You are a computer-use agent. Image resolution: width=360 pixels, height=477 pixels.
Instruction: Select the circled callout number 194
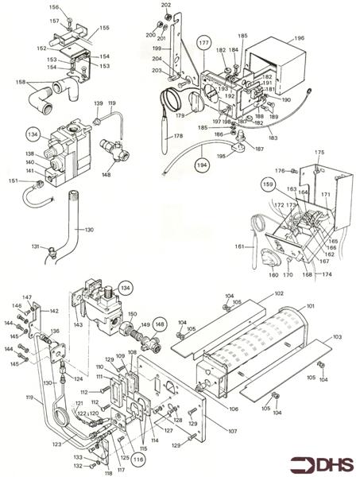coord(202,165)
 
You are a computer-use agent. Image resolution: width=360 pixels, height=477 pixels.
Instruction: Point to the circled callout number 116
coord(138,458)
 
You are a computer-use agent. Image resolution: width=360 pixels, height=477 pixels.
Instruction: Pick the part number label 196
coord(300,37)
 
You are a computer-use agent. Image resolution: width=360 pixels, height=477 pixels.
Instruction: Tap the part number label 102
coord(279,294)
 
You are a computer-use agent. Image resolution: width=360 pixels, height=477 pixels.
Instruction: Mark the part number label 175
coord(320,153)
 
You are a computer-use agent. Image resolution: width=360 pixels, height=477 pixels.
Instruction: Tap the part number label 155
coord(103,28)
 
